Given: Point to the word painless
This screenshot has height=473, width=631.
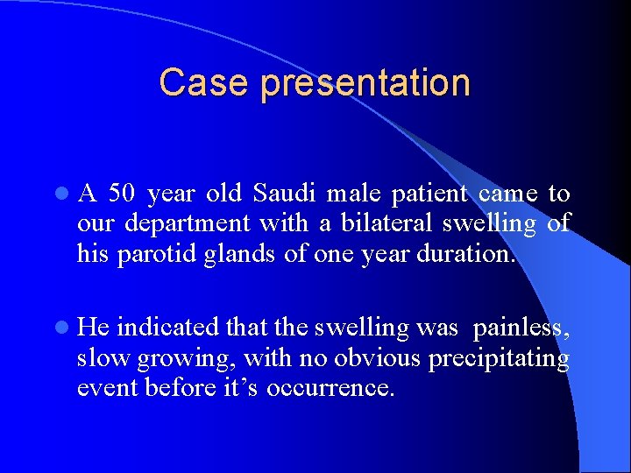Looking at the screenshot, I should tap(521, 328).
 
